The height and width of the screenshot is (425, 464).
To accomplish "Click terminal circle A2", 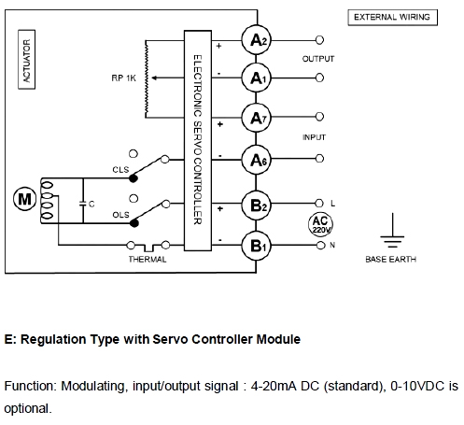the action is tap(256, 40).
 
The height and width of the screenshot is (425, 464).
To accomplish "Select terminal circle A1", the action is tap(256, 78).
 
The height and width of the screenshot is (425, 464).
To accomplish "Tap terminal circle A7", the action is tap(256, 118).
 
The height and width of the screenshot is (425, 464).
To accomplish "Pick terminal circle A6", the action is tap(256, 160).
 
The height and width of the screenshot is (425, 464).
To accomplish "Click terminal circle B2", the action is tap(256, 205).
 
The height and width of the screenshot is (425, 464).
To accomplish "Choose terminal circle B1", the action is tap(256, 246).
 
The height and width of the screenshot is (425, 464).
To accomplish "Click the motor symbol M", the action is tap(24, 199).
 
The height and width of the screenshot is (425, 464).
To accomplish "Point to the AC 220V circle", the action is tap(320, 224).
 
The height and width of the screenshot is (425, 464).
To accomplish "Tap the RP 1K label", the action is tap(123, 78).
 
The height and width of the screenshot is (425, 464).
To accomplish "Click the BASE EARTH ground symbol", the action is tap(392, 231).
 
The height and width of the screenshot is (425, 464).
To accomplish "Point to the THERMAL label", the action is tap(148, 260).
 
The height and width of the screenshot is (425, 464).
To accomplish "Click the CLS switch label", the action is tap(120, 170).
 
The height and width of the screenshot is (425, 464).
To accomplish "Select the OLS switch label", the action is tap(120, 215).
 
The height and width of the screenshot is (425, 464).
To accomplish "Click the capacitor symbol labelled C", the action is tap(83, 204).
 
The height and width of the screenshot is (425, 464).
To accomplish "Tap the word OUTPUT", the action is tap(318, 59).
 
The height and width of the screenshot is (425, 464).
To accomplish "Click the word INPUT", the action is tap(314, 137).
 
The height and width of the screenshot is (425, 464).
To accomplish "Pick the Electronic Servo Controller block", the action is tap(198, 140).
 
